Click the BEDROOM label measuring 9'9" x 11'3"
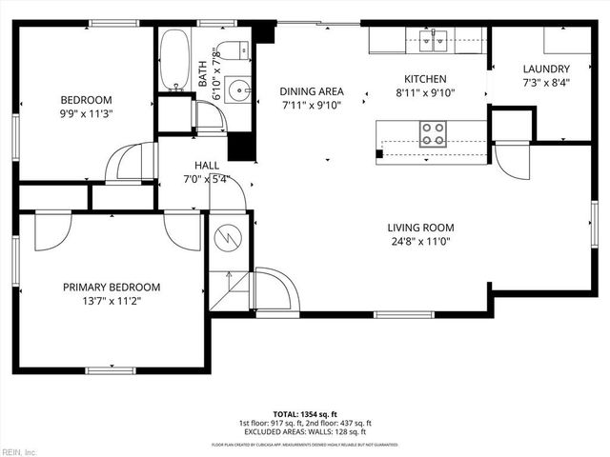click(x=86, y=100)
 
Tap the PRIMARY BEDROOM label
click(x=112, y=287)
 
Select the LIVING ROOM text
click(x=420, y=228)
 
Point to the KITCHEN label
click(x=425, y=78)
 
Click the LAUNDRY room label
click(x=546, y=69)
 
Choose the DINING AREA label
click(x=312, y=91)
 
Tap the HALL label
click(x=207, y=164)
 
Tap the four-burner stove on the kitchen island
click(x=433, y=133)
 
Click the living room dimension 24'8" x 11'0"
click(x=420, y=243)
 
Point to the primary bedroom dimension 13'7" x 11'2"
click(x=112, y=302)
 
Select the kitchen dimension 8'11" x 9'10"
click(x=425, y=93)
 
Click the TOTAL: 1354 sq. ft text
click(x=305, y=414)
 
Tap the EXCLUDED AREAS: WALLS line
click(x=305, y=431)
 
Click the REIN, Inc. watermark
click(x=19, y=450)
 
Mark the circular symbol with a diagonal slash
click(x=229, y=234)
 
